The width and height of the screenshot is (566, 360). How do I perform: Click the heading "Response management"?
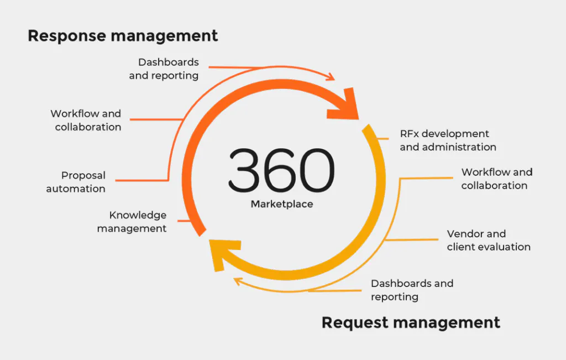click(123, 36)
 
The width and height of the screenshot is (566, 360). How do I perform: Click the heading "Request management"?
click(411, 322)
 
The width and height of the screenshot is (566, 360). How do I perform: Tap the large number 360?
click(281, 170)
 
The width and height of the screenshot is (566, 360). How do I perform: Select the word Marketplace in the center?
click(282, 204)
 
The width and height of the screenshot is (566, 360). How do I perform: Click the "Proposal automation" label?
click(76, 182)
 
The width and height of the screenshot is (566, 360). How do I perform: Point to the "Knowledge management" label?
click(132, 222)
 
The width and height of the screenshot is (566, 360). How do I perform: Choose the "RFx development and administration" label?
click(448, 140)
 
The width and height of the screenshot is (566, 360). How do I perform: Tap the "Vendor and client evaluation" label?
click(489, 240)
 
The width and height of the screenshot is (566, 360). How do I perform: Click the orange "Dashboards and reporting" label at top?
click(164, 69)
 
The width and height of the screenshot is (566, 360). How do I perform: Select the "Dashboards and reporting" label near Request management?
click(412, 290)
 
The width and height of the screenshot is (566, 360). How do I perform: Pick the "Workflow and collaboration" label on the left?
click(86, 120)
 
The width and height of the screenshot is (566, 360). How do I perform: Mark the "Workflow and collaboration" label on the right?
click(496, 179)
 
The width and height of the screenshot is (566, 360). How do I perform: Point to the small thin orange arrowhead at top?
click(331, 77)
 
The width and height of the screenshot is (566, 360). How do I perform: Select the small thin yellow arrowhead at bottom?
click(238, 281)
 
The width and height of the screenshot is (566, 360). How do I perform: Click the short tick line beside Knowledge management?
click(185, 221)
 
